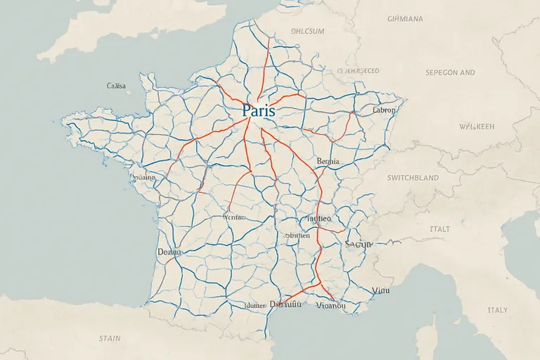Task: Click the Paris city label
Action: click(258, 111)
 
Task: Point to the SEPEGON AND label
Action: click(450, 72)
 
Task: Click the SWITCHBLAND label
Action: click(413, 179)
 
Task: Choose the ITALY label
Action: click(497, 310)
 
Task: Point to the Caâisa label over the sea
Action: click(116, 86)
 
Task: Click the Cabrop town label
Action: click(384, 110)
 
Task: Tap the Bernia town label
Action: click(328, 161)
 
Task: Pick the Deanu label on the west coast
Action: click(169, 251)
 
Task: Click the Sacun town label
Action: click(358, 244)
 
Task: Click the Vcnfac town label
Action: click(232, 218)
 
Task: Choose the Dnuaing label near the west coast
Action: click(143, 178)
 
